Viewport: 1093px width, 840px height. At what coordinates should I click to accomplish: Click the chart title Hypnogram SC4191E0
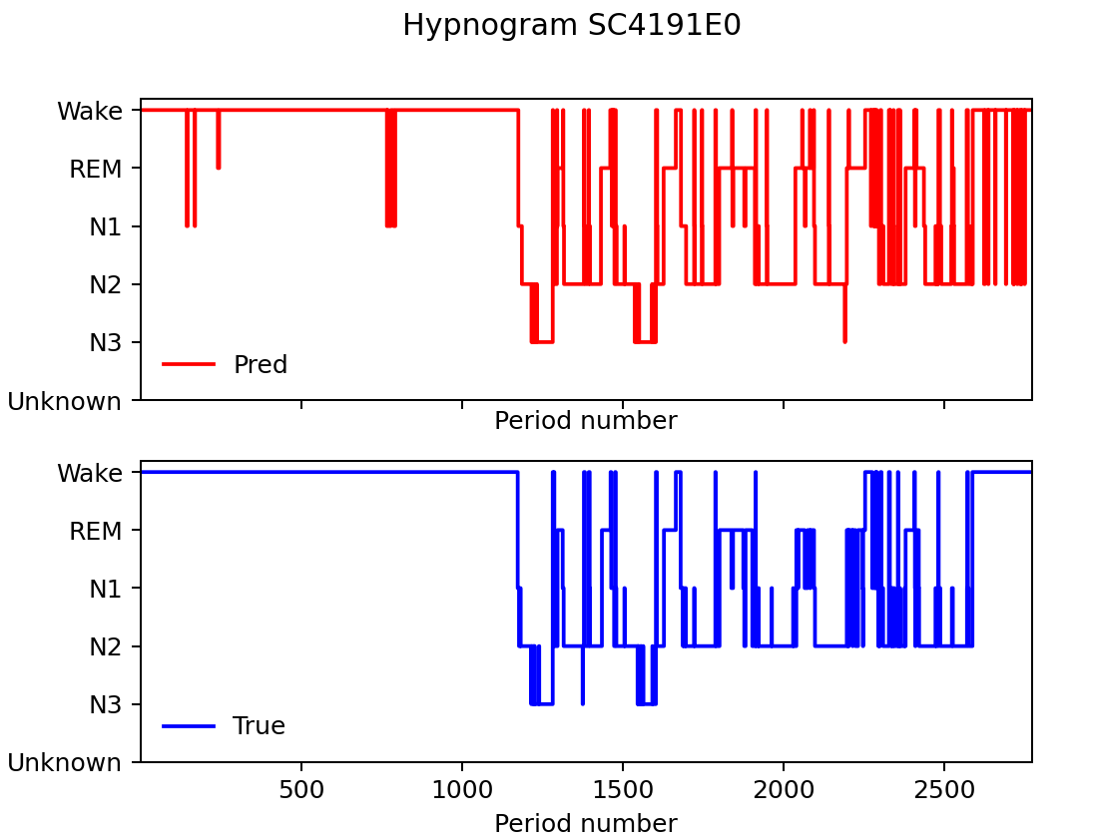pos(571,26)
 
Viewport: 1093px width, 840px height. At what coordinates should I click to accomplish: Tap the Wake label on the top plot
pos(90,111)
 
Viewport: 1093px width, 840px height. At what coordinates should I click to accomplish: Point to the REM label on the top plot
pos(96,170)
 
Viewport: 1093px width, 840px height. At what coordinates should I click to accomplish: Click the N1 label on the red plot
pos(106,227)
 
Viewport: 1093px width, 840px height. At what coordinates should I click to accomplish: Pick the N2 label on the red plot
pos(106,285)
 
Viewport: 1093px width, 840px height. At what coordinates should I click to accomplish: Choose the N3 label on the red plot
pos(106,343)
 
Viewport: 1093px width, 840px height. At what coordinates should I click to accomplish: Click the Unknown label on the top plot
pos(65,401)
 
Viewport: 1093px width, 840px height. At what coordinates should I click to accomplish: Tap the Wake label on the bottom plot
pos(90,473)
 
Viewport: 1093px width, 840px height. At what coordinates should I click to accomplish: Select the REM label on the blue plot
pos(96,531)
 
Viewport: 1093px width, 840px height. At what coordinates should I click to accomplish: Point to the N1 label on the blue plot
pos(106,589)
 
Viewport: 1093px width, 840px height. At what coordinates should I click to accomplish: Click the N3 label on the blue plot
pos(106,704)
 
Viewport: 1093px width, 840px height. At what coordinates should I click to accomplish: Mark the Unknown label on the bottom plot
pos(65,763)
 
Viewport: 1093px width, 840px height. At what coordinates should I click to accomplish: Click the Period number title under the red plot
pos(586,422)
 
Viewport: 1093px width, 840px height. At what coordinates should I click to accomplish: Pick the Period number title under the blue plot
pos(586,824)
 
